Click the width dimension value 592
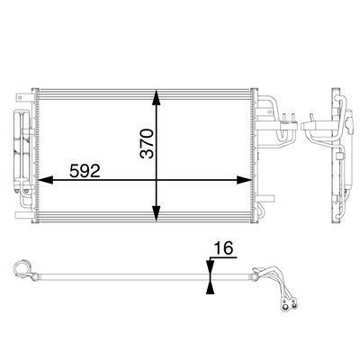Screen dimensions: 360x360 [85, 171]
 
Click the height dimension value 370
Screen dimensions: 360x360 [147, 143]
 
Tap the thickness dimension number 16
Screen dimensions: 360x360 [223, 248]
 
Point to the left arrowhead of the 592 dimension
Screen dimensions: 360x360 [46, 180]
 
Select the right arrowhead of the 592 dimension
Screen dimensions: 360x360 [244, 180]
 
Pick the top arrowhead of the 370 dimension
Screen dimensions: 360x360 [156, 97]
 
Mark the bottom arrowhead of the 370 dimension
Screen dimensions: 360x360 [156, 214]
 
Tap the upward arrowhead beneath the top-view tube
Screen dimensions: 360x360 [211, 288]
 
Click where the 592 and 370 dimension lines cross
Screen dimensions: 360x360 [156, 180]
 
